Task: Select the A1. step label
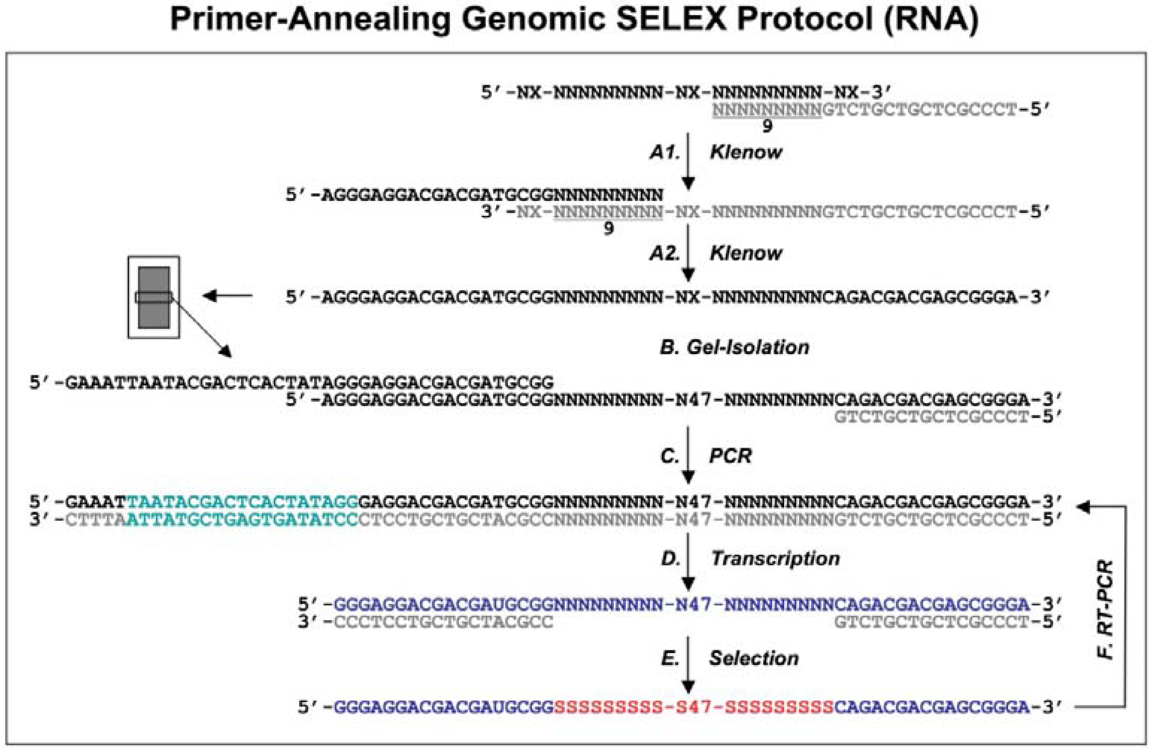coord(665,153)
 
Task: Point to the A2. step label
coord(665,253)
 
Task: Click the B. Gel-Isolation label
coord(734,347)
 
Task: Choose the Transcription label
coord(775,559)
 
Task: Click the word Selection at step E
coord(754,658)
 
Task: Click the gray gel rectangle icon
coord(154,297)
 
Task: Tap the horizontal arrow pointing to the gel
coord(227,295)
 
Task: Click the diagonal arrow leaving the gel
coord(203,328)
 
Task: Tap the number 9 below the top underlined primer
coord(767,126)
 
